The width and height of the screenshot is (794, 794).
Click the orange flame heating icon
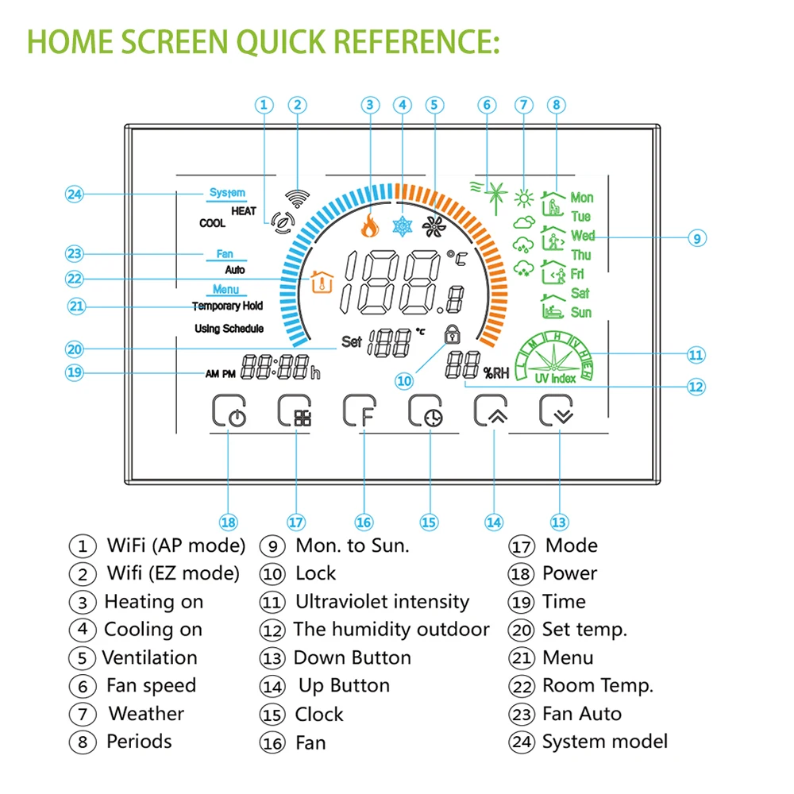(369, 227)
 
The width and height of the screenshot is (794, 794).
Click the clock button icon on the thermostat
(427, 412)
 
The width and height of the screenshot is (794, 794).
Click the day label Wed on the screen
(582, 236)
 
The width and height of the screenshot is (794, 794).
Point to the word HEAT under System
(243, 211)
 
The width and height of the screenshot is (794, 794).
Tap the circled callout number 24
(75, 193)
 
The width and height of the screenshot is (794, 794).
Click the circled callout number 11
(696, 355)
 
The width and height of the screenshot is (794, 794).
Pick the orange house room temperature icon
(320, 281)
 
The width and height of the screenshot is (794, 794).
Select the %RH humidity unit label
(495, 371)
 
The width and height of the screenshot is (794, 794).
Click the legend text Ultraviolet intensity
(381, 602)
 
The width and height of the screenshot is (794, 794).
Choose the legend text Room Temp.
(597, 685)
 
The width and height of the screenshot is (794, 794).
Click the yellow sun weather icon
(523, 197)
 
